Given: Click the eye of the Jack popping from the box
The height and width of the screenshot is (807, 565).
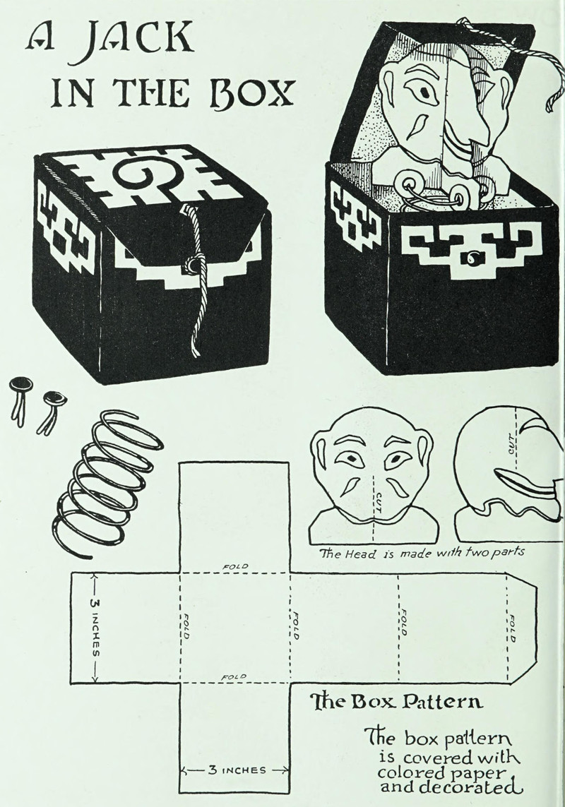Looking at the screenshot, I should coord(423,92).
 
